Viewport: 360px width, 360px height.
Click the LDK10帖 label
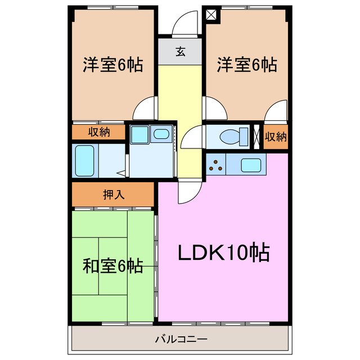(224, 253)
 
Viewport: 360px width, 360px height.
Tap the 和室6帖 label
(112, 265)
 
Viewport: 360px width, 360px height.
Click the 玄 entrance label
(181, 52)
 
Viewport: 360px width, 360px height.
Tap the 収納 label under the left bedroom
(98, 132)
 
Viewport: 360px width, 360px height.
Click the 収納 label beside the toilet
(276, 137)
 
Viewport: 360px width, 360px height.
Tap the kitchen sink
(250, 164)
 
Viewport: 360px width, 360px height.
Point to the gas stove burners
(215, 164)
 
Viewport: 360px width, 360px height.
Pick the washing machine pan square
(138, 135)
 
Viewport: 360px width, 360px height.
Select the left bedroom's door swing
(146, 107)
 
